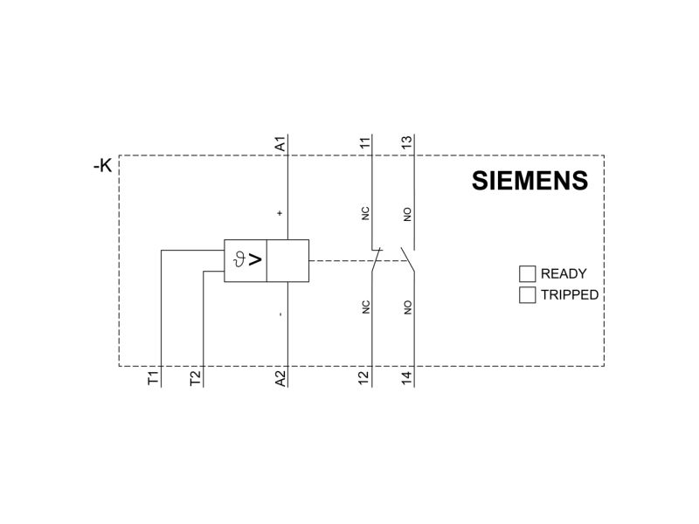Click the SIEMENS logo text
(x=529, y=181)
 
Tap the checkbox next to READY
(x=527, y=274)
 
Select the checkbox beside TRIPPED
(x=527, y=295)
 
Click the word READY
(x=564, y=273)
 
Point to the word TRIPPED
(x=570, y=295)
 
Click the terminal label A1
(x=280, y=144)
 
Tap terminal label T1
(x=153, y=379)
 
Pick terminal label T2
(x=195, y=379)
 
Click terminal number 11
(x=364, y=143)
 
